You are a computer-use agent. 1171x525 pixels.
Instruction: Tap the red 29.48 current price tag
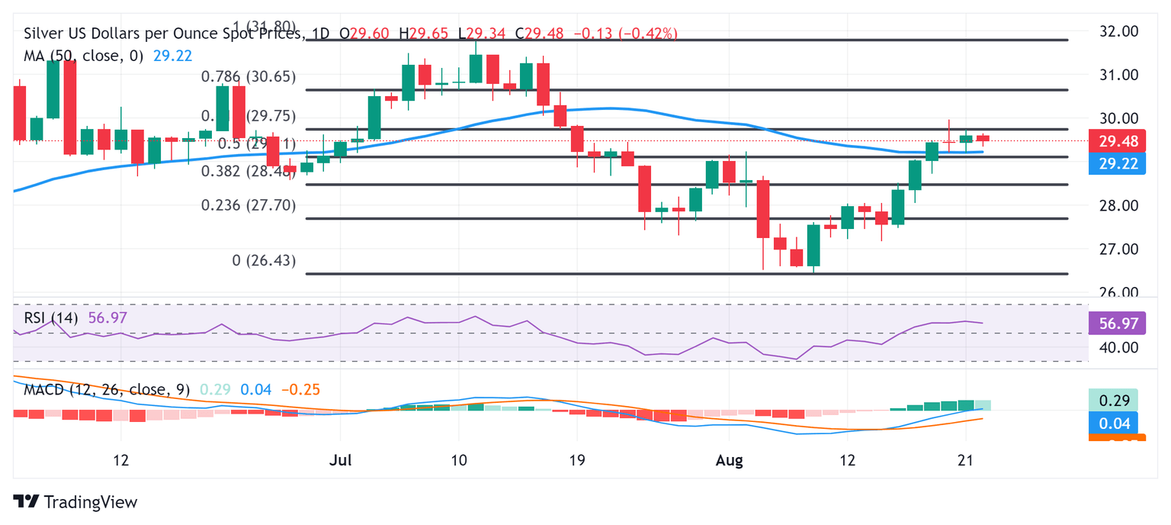pos(1116,140)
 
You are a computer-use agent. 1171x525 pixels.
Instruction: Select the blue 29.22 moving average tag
pos(1116,163)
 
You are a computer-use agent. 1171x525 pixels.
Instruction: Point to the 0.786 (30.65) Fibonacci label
pos(248,77)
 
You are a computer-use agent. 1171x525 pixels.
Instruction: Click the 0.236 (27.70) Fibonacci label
pos(248,205)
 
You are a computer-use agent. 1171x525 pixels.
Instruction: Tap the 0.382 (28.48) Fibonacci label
pos(248,172)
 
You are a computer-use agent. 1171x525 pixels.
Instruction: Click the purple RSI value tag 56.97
pos(1116,324)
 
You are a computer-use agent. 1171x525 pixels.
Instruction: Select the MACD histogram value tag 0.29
pos(1116,399)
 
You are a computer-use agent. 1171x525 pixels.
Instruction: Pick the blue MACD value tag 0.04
pos(1116,422)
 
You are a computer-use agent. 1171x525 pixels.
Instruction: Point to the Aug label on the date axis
pos(728,461)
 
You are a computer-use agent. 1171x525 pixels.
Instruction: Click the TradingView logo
pos(75,502)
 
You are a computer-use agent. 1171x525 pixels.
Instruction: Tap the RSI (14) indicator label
pos(50,317)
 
